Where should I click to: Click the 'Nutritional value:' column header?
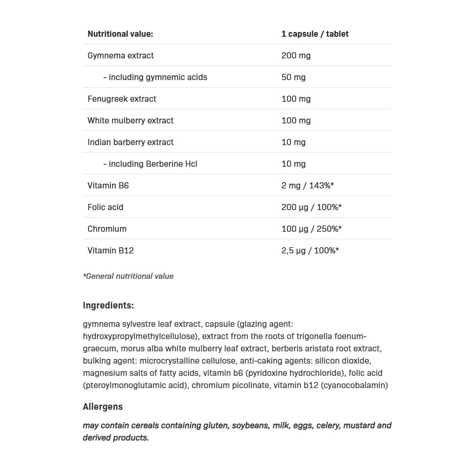[x=120, y=34]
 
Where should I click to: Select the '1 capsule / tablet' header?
[x=315, y=34]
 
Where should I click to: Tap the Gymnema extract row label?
[x=121, y=56]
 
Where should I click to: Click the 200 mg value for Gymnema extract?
[x=296, y=56]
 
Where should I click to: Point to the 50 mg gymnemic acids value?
[x=293, y=77]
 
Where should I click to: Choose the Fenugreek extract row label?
[x=122, y=99]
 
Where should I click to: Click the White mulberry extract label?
[x=130, y=121]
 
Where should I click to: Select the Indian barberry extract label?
[x=130, y=142]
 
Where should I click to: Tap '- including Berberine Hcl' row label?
[x=150, y=164]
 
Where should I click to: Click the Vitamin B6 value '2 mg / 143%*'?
[x=308, y=186]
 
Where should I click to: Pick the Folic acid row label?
[x=106, y=207]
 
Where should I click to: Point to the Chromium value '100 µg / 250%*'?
[x=311, y=229]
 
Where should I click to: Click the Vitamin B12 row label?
[x=111, y=251]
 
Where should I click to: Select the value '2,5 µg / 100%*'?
[x=310, y=251]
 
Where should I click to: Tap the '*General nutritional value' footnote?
[x=128, y=276]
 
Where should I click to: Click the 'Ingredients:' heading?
[x=108, y=305]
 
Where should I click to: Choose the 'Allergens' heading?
[x=103, y=406]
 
